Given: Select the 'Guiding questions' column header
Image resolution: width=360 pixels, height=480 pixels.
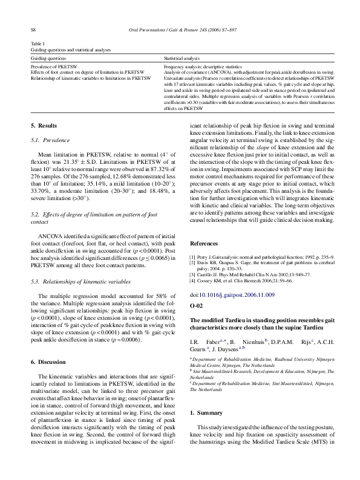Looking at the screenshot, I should pyautogui.click(x=49, y=57).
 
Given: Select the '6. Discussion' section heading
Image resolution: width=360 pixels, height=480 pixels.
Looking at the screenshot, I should pyautogui.click(x=48, y=362).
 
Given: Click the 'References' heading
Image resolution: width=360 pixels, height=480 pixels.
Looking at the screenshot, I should pyautogui.click(x=205, y=243).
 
